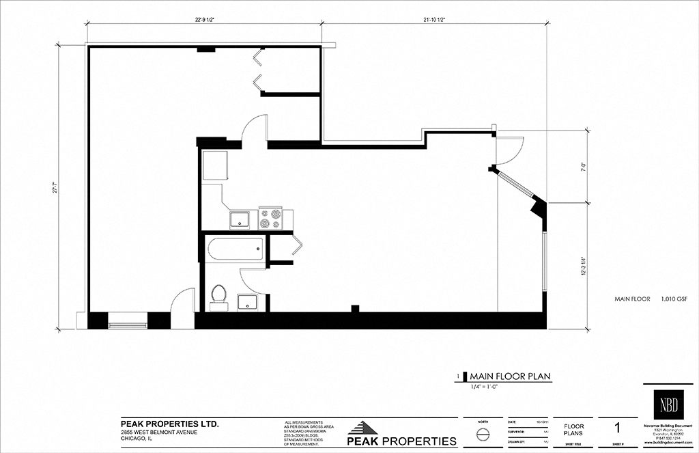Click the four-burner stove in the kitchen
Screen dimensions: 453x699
coord(270,219)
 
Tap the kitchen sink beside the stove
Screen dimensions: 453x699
coord(240,219)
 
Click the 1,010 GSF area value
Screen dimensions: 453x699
coord(674,299)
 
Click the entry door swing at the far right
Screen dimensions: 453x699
coord(509,150)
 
